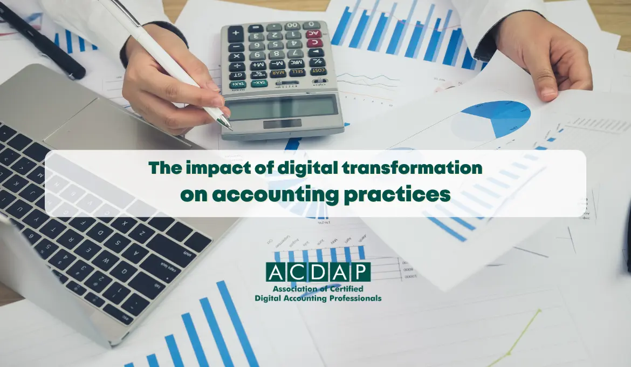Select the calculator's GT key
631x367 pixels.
(237, 76)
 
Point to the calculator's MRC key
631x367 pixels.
(298, 63)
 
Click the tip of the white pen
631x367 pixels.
(230, 128)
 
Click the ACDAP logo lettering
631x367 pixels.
(318, 272)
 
